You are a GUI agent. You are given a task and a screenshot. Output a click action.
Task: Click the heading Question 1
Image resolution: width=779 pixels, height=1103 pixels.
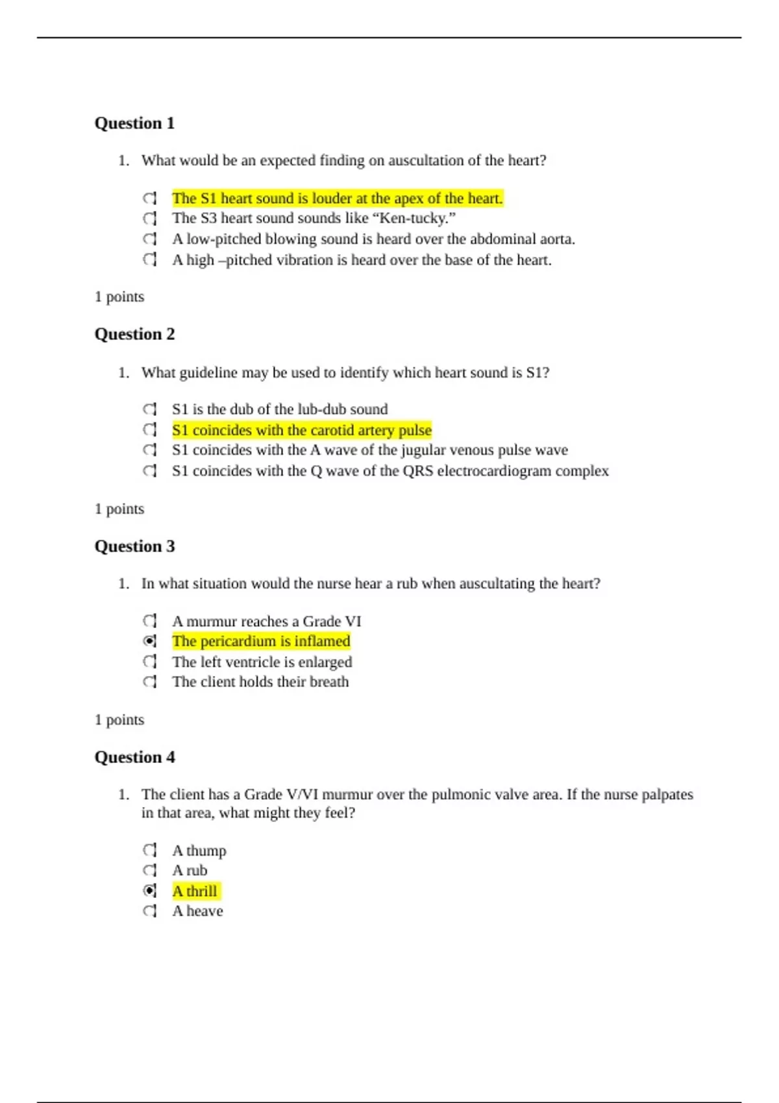pyautogui.click(x=134, y=123)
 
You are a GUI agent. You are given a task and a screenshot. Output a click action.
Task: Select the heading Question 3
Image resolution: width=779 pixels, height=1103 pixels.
pyautogui.click(x=134, y=546)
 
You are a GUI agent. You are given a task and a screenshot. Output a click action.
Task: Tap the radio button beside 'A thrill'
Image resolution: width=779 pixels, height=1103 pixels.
pyautogui.click(x=150, y=891)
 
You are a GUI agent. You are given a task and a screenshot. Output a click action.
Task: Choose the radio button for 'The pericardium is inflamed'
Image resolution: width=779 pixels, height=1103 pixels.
pyautogui.click(x=150, y=641)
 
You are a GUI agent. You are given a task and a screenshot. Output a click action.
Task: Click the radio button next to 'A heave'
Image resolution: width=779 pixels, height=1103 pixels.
pyautogui.click(x=150, y=911)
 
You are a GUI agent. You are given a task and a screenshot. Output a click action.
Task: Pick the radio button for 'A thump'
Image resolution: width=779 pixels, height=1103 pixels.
pyautogui.click(x=150, y=850)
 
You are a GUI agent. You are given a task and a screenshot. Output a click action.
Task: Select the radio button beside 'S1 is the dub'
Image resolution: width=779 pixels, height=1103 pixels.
pyautogui.click(x=150, y=409)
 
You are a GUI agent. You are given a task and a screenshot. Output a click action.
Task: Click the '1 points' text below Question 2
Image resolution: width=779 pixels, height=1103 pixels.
pyautogui.click(x=119, y=509)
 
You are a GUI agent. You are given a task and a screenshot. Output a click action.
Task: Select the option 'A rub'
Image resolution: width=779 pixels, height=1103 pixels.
pyautogui.click(x=190, y=871)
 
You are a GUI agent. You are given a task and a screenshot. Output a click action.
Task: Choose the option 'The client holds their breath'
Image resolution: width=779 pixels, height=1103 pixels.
pyautogui.click(x=260, y=682)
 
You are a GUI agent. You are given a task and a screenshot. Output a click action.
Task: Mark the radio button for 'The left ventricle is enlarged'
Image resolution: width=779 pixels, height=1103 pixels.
pyautogui.click(x=150, y=662)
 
